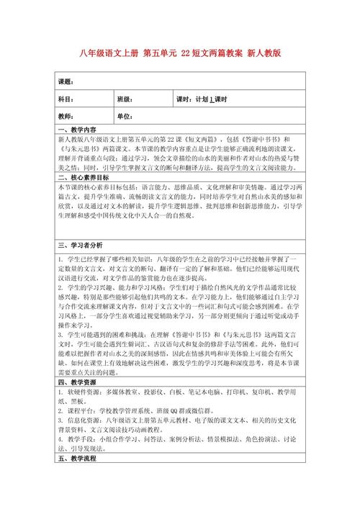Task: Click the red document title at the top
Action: tap(180, 53)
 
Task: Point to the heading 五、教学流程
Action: tap(79, 459)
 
